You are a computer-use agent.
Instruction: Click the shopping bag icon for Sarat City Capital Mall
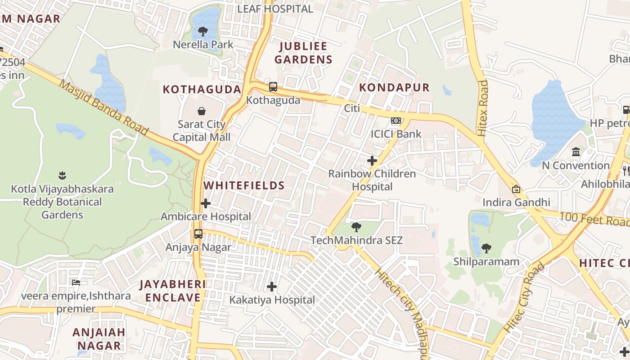point(202,111)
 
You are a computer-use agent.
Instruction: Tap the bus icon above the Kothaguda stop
point(273,87)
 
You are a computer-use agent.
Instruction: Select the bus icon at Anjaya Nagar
point(198,234)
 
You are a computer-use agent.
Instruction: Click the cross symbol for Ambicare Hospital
point(206,203)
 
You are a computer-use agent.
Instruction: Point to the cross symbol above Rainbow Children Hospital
point(372,160)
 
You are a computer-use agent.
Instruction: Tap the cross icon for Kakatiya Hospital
point(272,286)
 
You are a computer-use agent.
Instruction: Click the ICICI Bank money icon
point(396,121)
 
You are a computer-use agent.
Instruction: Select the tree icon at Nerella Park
point(203,31)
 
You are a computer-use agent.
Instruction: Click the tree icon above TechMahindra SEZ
point(356,227)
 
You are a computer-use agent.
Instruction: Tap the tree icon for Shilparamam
point(486,248)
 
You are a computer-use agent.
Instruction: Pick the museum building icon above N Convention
point(576,152)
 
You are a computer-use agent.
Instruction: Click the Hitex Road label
point(483,108)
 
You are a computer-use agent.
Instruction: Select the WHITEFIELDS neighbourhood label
point(244,185)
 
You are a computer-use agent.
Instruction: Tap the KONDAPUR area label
point(394,87)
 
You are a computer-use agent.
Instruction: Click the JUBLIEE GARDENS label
point(304,53)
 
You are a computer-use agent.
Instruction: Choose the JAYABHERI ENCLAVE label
point(172,291)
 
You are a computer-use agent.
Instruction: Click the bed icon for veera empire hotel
point(76,283)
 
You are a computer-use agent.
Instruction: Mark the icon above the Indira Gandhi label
point(516,189)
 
